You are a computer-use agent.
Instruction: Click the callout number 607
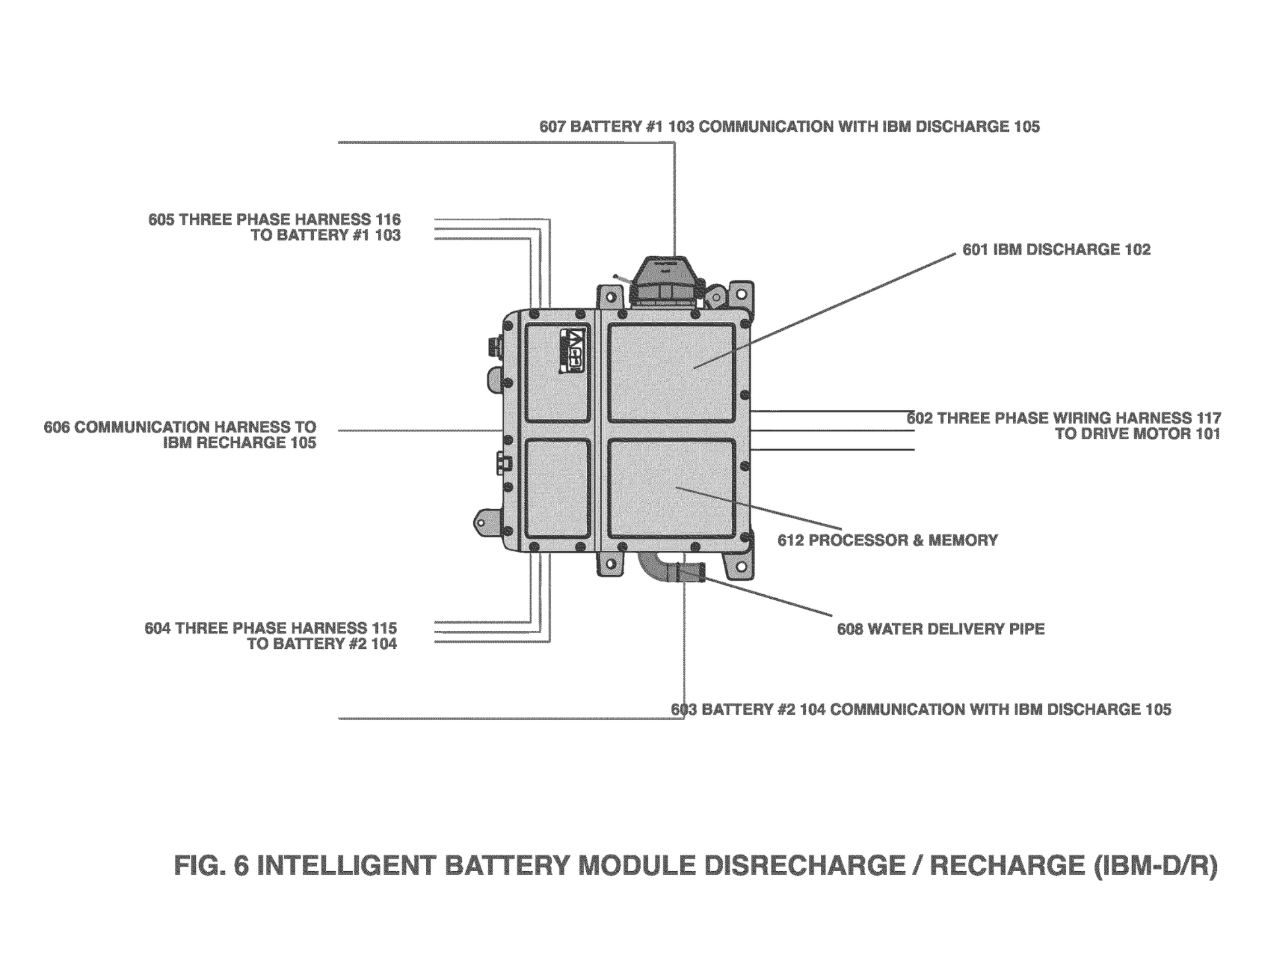(x=553, y=127)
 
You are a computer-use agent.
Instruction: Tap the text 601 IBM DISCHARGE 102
(x=1056, y=250)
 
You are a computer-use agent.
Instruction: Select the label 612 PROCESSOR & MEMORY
(x=887, y=541)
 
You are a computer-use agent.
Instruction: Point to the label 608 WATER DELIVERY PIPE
(x=940, y=629)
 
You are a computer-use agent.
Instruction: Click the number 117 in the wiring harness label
(x=1208, y=418)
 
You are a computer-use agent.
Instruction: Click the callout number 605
(x=162, y=220)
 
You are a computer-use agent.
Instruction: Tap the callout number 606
(x=57, y=427)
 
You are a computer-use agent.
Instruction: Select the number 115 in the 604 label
(x=384, y=628)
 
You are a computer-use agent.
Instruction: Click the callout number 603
(x=684, y=710)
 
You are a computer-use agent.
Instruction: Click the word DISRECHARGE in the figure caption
(x=804, y=865)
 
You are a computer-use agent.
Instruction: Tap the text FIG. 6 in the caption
(x=211, y=865)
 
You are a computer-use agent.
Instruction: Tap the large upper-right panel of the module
(x=671, y=373)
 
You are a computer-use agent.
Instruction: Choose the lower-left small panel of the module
(x=558, y=488)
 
